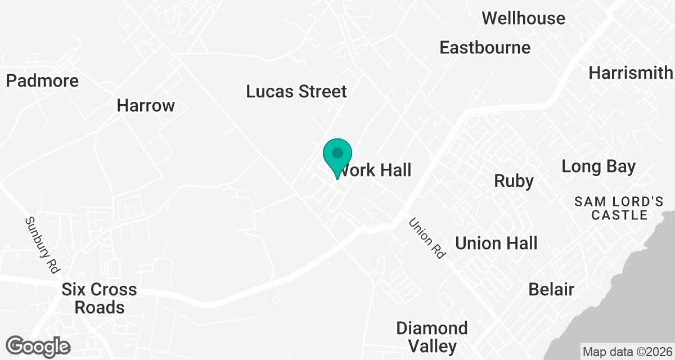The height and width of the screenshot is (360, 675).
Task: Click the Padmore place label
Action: (x=42, y=81)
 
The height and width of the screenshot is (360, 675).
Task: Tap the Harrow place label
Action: (x=146, y=105)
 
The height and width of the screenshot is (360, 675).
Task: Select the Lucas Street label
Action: (x=296, y=91)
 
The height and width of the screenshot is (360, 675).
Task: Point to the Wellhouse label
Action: (x=523, y=18)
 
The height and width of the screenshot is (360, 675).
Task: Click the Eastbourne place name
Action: (x=485, y=47)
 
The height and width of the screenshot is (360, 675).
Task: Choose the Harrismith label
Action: (x=630, y=73)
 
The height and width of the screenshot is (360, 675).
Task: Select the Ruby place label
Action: (x=513, y=181)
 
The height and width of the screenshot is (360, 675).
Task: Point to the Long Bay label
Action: (x=598, y=166)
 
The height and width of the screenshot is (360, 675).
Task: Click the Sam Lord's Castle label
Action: (x=611, y=208)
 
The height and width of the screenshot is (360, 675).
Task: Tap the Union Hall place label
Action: (x=496, y=243)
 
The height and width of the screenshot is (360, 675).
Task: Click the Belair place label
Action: (x=551, y=289)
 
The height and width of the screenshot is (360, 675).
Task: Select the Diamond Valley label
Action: (x=431, y=336)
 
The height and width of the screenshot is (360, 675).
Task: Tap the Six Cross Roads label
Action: (x=99, y=298)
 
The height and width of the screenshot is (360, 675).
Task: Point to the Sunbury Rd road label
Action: (x=42, y=245)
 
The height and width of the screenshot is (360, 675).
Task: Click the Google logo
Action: (x=38, y=346)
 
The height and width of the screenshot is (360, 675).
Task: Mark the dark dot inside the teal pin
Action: (x=337, y=152)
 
